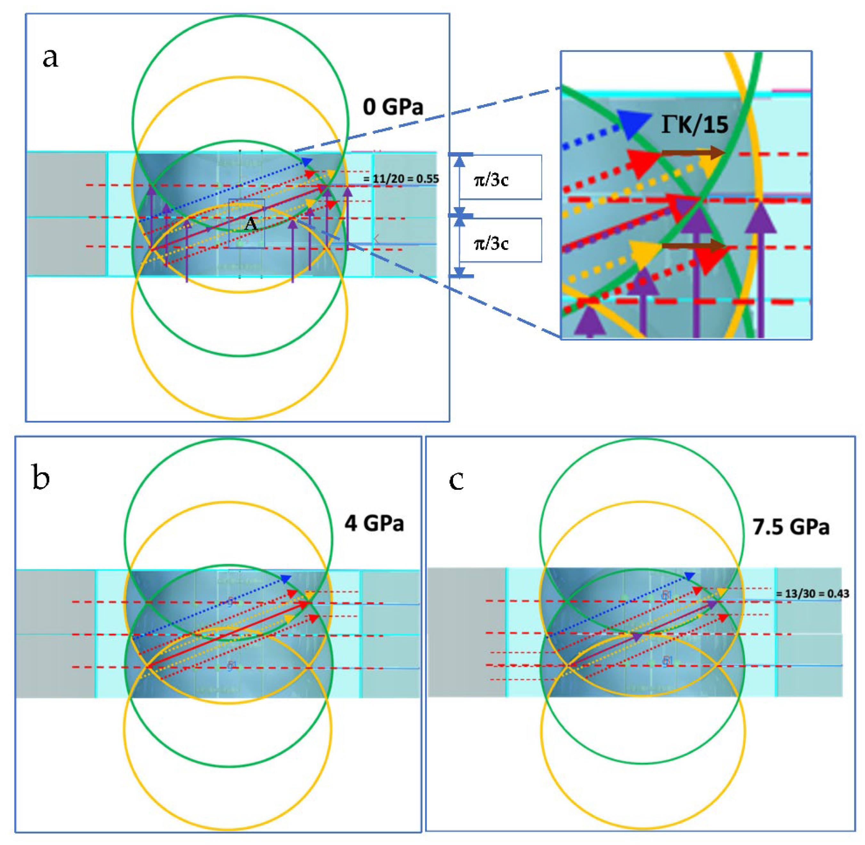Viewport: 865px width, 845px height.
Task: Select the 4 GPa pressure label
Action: pos(374,524)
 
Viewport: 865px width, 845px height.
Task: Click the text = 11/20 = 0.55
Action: pos(401,179)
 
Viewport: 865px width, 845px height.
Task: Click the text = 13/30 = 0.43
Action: pos(812,594)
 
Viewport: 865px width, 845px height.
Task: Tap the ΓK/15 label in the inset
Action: pos(695,125)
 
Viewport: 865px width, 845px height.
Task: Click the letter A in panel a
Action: pos(251,224)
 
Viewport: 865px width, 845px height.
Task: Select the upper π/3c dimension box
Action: pos(500,177)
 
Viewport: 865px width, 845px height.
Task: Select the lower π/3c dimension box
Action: pos(500,240)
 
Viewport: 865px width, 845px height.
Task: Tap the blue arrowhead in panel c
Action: pos(689,576)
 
